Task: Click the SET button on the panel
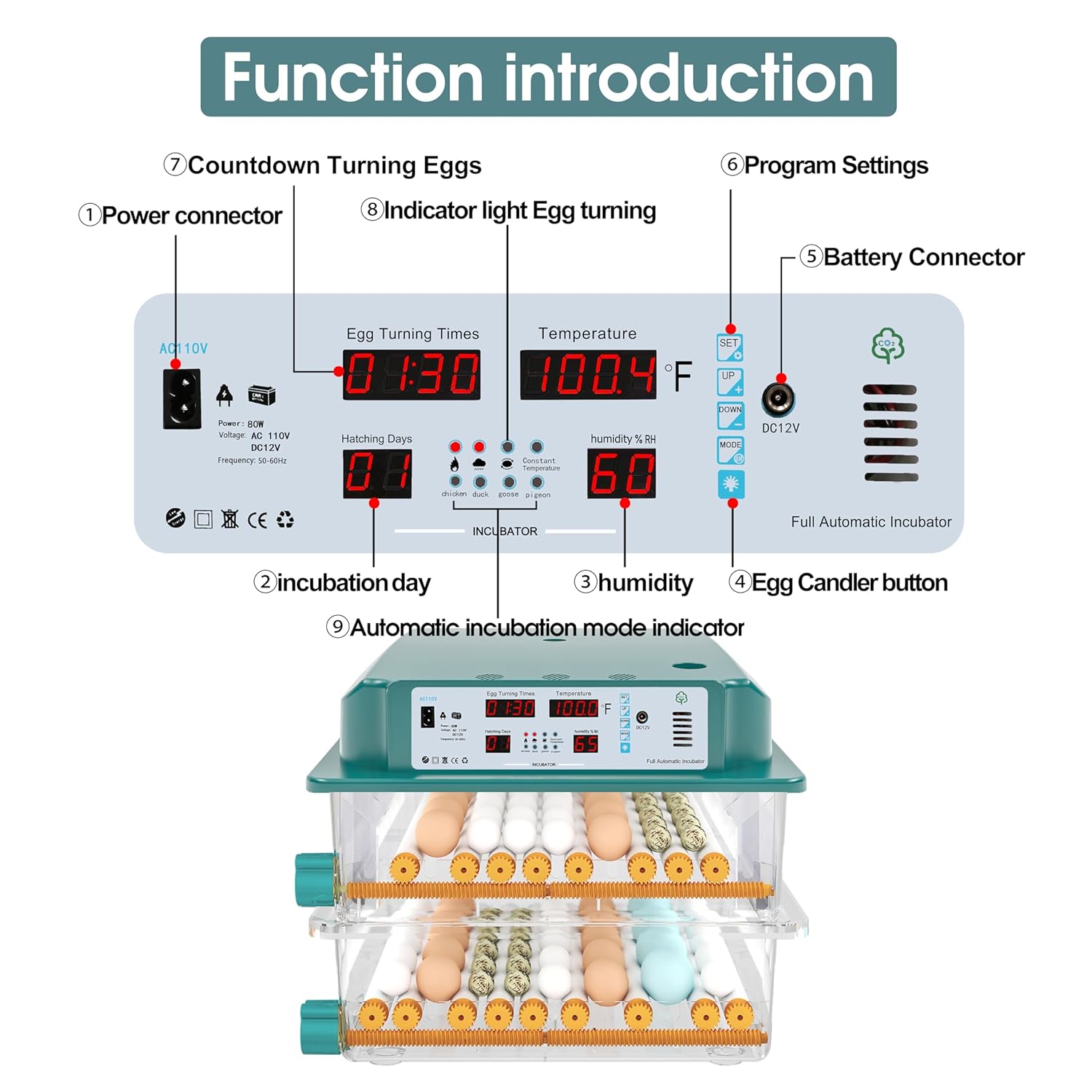(x=729, y=347)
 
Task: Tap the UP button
(x=729, y=381)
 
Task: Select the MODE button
(x=730, y=450)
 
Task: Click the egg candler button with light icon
(x=731, y=483)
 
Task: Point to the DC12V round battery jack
(x=778, y=400)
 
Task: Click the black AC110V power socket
(x=181, y=398)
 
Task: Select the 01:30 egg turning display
(x=411, y=375)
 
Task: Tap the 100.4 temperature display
(x=588, y=375)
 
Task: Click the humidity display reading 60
(x=622, y=473)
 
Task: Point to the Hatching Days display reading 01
(x=377, y=473)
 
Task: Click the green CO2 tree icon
(x=887, y=346)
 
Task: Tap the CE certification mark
(x=257, y=520)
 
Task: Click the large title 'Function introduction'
(x=548, y=77)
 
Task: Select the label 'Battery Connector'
(x=923, y=257)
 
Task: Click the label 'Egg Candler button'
(x=849, y=582)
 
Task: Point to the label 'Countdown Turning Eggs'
(x=334, y=165)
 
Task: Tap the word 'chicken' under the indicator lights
(x=454, y=494)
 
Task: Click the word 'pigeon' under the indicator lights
(x=538, y=495)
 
